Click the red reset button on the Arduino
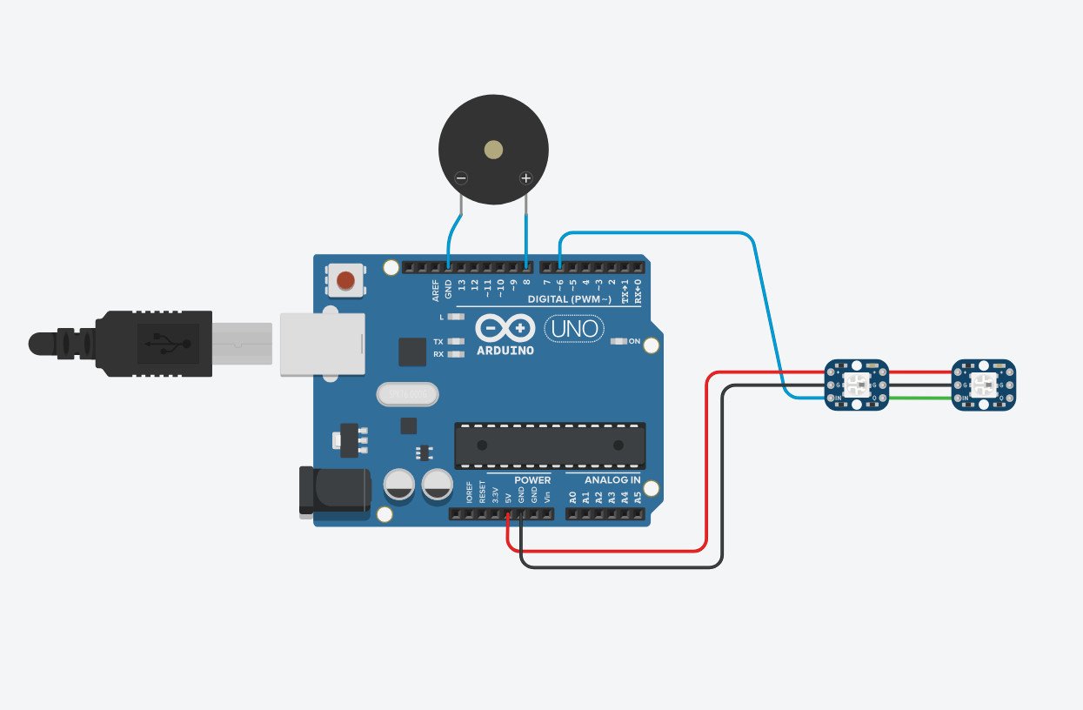pos(346,281)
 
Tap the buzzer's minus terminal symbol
pos(461,179)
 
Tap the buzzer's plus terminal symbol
pos(525,179)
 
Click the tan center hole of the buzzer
pos(493,150)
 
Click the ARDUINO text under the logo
pos(505,351)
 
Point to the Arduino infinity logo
pos(505,328)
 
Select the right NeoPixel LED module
pos(984,385)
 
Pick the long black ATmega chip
pos(550,445)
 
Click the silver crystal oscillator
pos(405,395)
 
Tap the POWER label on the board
pos(531,480)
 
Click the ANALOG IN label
pos(612,480)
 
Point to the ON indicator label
pos(634,341)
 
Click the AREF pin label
pos(436,291)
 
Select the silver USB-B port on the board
pos(321,345)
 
